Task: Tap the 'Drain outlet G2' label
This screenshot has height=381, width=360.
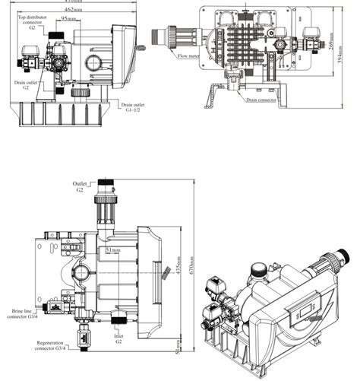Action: [21, 85]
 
